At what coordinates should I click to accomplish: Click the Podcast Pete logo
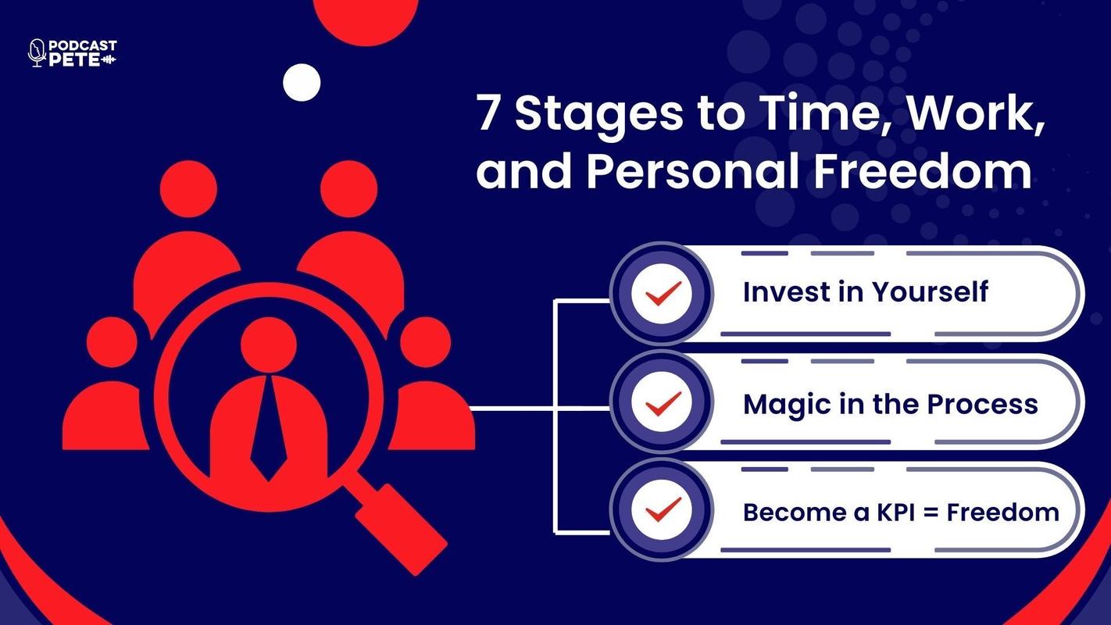(x=73, y=53)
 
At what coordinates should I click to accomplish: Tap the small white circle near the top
(x=302, y=82)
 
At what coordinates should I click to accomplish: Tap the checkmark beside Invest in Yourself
(x=663, y=294)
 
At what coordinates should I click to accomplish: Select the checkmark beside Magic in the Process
(x=663, y=404)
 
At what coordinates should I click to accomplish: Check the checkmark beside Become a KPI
(x=663, y=510)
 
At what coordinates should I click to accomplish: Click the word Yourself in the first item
(x=931, y=291)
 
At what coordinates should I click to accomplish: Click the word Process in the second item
(x=982, y=404)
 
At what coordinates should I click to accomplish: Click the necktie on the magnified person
(x=268, y=429)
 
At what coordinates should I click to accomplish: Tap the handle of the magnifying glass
(x=402, y=530)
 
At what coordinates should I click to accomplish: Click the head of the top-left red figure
(x=188, y=189)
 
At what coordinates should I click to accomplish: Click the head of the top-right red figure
(x=348, y=189)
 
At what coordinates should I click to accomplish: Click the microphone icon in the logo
(x=36, y=52)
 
